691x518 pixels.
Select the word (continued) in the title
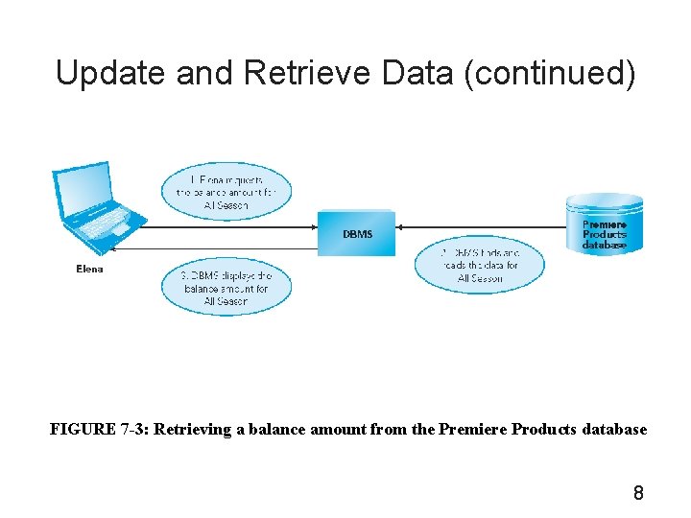point(549,73)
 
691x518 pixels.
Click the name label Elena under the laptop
point(89,270)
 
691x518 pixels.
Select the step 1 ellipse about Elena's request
point(226,192)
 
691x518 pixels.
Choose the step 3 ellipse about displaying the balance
point(226,288)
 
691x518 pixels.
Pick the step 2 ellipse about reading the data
point(480,265)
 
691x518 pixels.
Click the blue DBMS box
point(357,233)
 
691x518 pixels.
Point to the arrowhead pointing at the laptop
point(114,248)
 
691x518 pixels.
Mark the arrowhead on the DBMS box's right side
point(400,227)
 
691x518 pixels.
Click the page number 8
point(638,494)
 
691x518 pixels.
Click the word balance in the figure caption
point(272,430)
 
